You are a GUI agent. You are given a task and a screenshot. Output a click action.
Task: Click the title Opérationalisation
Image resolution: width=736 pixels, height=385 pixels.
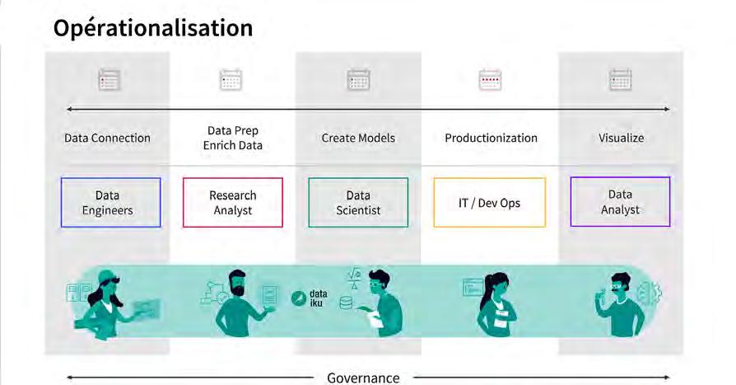click(153, 28)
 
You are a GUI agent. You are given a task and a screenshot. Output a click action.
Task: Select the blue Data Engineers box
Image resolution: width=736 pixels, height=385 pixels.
click(110, 202)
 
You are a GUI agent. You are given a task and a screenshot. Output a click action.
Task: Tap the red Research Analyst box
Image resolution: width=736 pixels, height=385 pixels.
click(232, 202)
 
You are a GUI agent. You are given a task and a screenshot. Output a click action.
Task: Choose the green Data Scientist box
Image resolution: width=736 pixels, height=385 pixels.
click(357, 202)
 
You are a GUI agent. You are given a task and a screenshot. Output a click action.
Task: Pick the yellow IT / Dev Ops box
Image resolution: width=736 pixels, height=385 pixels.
click(489, 202)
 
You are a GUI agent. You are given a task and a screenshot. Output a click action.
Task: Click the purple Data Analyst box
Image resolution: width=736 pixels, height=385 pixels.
click(620, 202)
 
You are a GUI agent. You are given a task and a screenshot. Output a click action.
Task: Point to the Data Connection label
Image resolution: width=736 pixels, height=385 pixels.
click(107, 138)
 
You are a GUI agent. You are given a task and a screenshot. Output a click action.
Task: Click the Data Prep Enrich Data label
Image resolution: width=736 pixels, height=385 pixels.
click(235, 138)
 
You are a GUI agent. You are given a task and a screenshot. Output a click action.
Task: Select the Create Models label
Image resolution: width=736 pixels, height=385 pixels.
click(358, 138)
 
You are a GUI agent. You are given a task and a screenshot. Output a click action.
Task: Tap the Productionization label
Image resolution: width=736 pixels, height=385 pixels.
click(491, 138)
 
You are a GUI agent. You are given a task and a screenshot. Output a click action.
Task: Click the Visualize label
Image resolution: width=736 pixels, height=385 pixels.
click(621, 138)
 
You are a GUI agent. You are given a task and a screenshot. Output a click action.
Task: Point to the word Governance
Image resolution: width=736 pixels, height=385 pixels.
click(363, 378)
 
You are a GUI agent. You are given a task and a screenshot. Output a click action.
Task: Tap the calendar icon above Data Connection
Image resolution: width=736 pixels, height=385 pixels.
click(109, 79)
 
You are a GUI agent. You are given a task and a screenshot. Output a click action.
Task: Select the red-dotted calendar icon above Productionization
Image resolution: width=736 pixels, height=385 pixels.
click(490, 79)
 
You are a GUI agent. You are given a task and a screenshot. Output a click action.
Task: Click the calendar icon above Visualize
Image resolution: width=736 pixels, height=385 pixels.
click(620, 79)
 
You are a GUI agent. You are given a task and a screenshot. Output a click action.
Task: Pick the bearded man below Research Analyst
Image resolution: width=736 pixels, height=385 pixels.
click(240, 301)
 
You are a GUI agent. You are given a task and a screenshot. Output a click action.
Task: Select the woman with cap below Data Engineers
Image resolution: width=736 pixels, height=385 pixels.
click(107, 303)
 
